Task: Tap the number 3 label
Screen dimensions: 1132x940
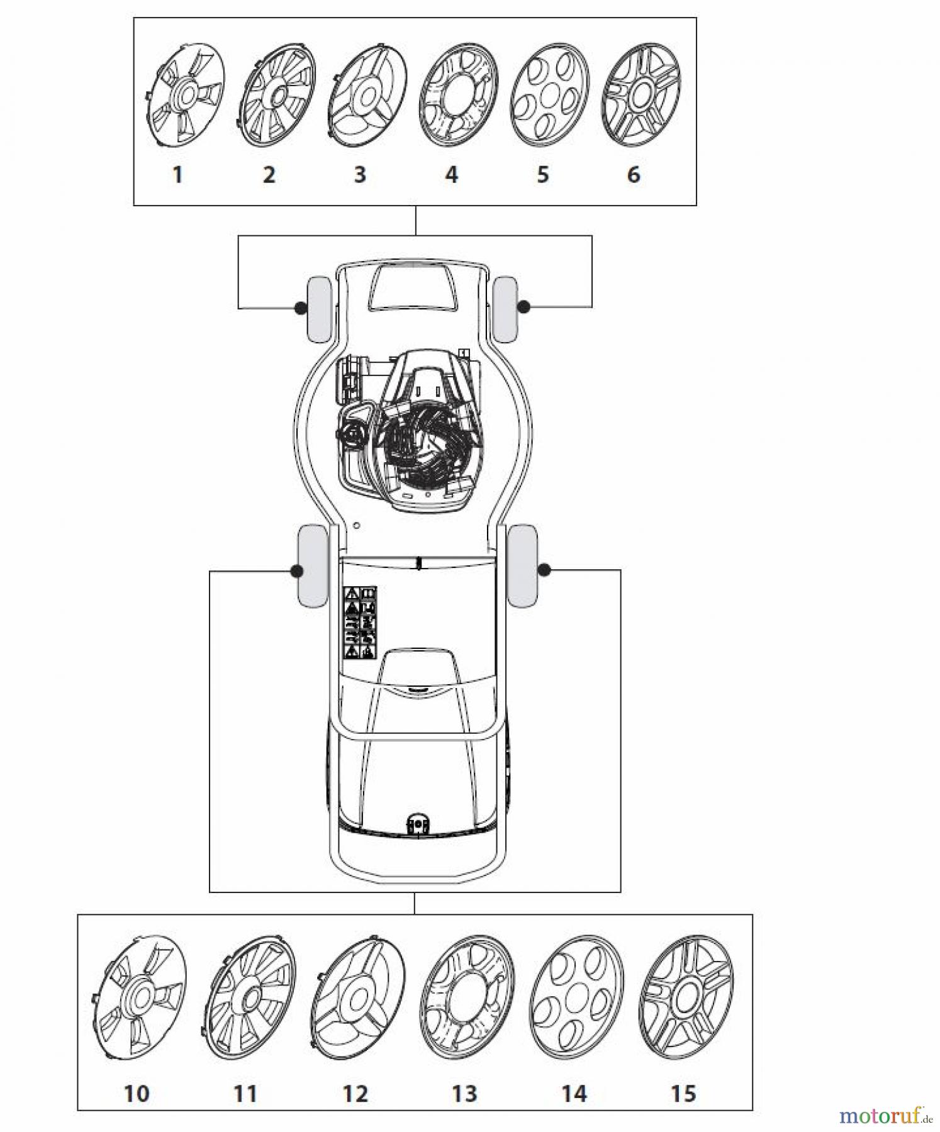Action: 360,174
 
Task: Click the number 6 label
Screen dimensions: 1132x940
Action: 634,174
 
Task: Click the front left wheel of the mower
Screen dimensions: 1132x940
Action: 318,309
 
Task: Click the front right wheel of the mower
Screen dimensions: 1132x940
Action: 505,309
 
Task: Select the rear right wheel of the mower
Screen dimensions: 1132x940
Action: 522,565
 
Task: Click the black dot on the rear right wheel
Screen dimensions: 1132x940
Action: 544,570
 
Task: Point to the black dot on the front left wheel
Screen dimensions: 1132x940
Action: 301,308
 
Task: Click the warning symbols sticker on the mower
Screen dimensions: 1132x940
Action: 359,622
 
